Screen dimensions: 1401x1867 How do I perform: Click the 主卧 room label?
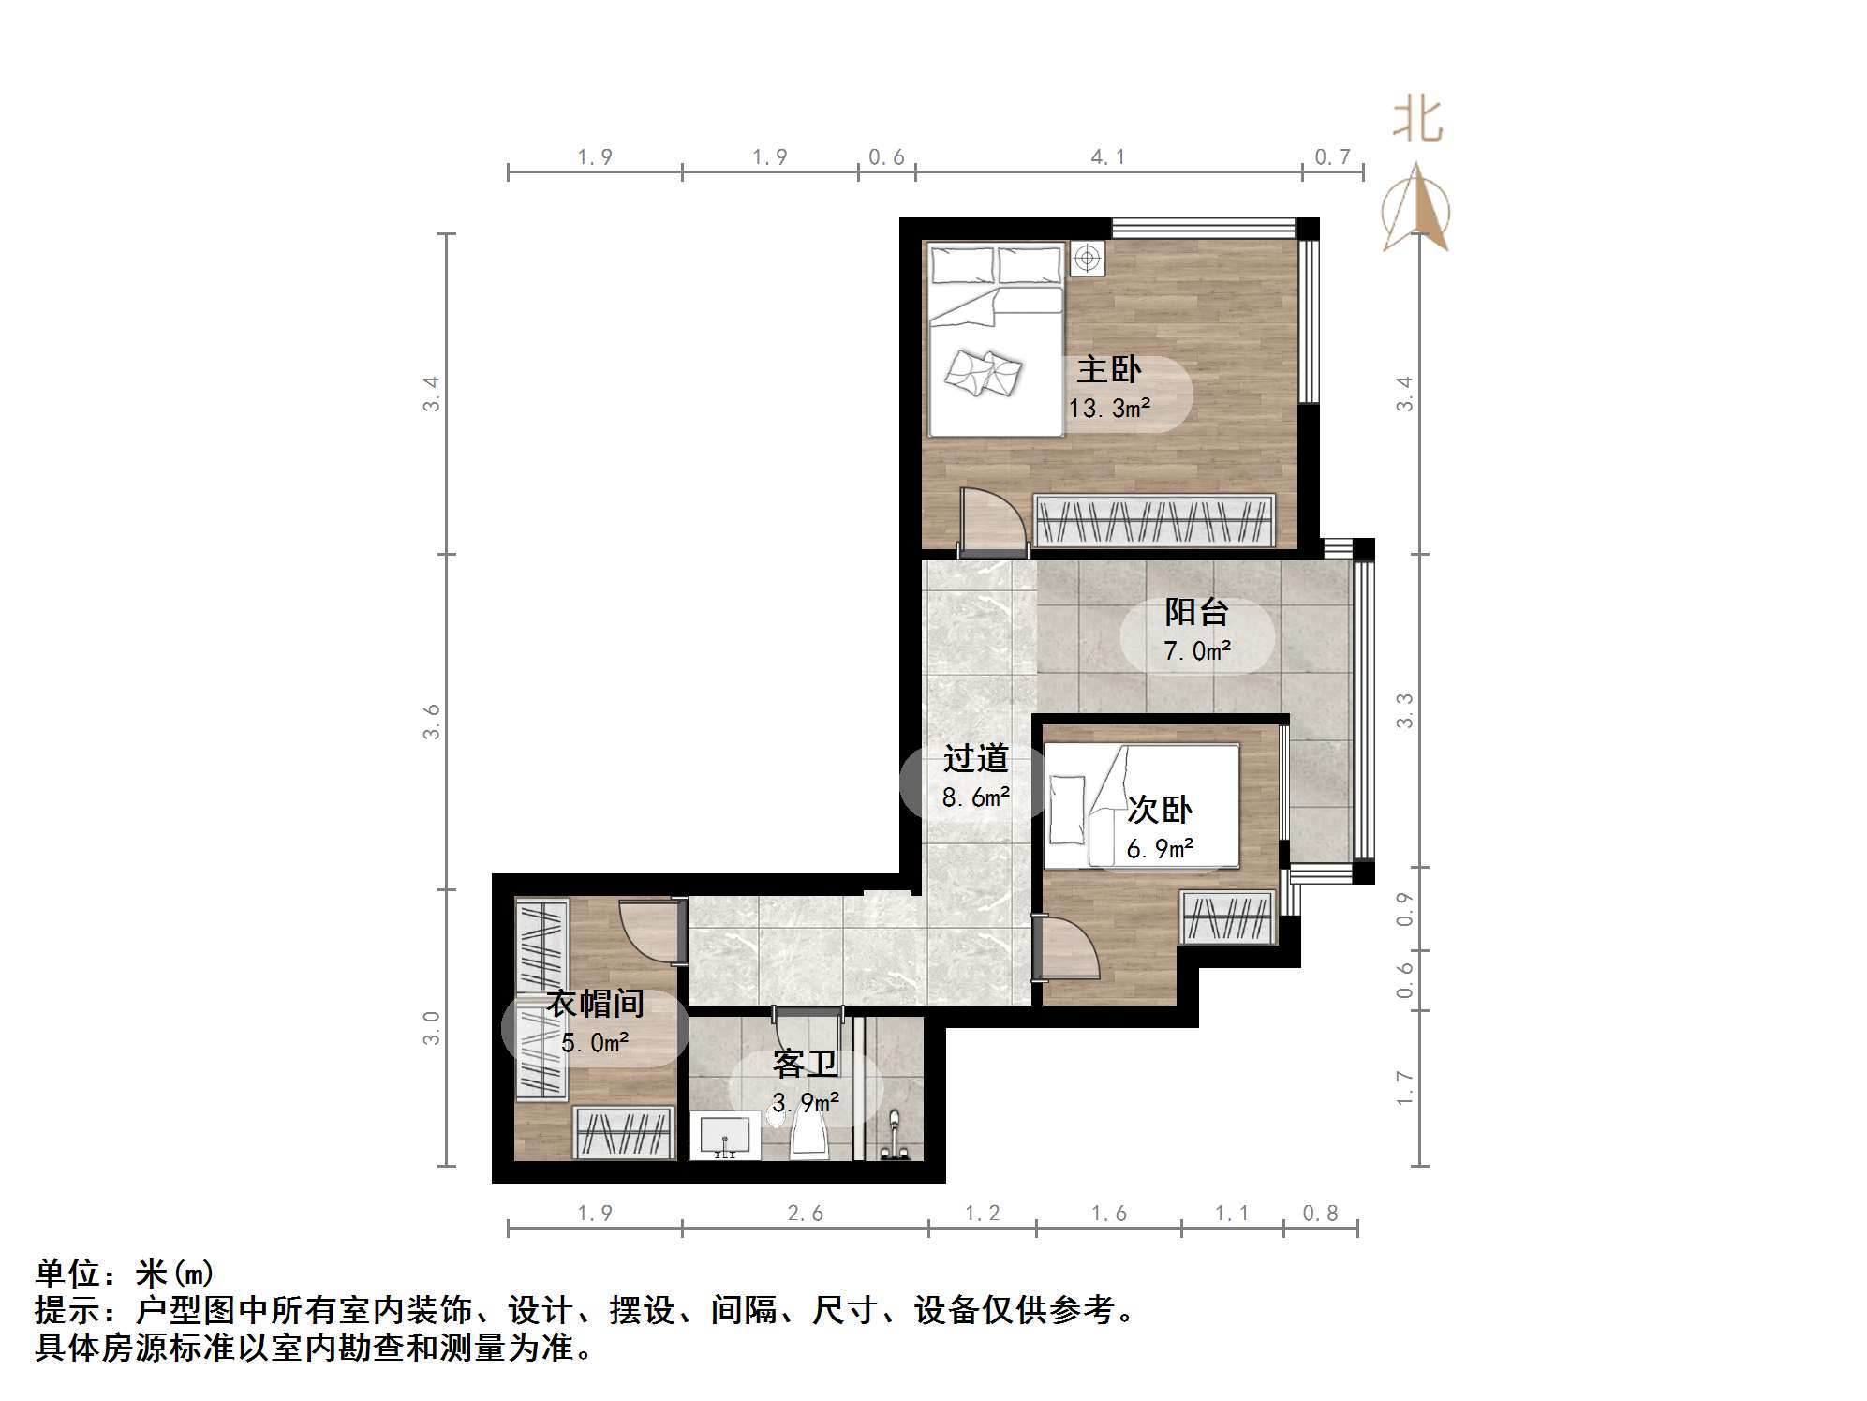[x=1108, y=369]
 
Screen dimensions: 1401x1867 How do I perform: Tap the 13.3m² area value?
[x=1109, y=409]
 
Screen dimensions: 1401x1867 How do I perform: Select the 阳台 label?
[x=1196, y=612]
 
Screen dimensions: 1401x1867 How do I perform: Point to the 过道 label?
[x=975, y=758]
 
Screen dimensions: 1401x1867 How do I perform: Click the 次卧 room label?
[x=1159, y=809]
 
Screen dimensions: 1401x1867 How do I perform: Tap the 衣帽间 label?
[x=595, y=1004]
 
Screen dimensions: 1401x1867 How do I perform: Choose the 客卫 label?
[x=805, y=1065]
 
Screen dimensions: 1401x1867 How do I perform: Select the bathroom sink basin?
[x=725, y=1136]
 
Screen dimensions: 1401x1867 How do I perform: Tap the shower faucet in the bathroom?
[x=894, y=1137]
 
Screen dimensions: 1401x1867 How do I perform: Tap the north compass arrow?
[x=1416, y=209]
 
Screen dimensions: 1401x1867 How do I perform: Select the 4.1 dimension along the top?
[x=1107, y=157]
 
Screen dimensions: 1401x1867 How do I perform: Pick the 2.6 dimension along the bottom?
[x=805, y=1214]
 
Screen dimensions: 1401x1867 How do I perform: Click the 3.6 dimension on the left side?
[x=431, y=722]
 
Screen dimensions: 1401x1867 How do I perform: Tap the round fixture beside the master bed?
[x=1087, y=258]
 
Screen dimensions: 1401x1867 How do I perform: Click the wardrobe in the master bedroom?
[x=1154, y=521]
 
